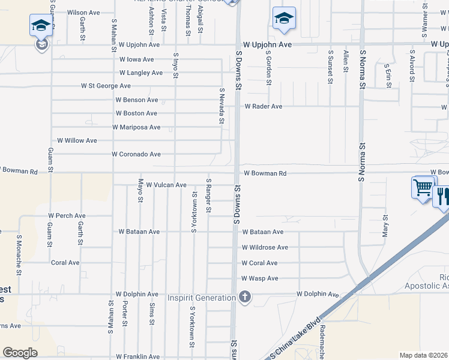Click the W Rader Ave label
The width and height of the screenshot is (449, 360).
262,107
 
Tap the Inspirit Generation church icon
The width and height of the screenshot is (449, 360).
244,296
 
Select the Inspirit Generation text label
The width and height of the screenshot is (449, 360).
201,298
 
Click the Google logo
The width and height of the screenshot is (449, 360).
20,353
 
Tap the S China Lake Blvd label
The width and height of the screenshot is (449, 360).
295,338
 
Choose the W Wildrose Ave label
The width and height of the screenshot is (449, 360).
265,247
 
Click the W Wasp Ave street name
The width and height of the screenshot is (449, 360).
259,278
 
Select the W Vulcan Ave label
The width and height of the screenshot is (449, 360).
166,185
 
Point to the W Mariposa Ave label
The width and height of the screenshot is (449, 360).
136,127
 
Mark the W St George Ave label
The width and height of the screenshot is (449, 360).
106,86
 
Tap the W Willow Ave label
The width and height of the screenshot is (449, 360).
77,140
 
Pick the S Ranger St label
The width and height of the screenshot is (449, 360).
208,195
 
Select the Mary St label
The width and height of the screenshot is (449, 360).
385,225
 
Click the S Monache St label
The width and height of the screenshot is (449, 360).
19,254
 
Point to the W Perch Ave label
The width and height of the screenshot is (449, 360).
67,215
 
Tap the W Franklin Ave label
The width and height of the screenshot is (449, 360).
138,356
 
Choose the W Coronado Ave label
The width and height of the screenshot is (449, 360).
136,154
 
